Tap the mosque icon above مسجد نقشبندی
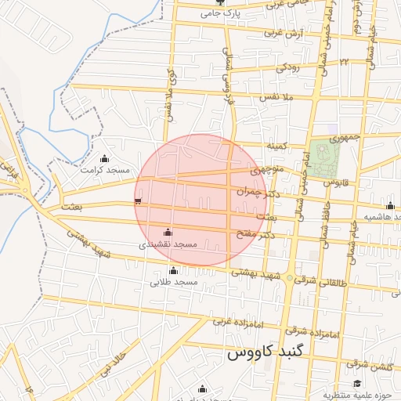pos(167,232)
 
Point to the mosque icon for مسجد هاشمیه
pos(390,206)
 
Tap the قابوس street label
pos(334,182)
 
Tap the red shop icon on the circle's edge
pos(139,201)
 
